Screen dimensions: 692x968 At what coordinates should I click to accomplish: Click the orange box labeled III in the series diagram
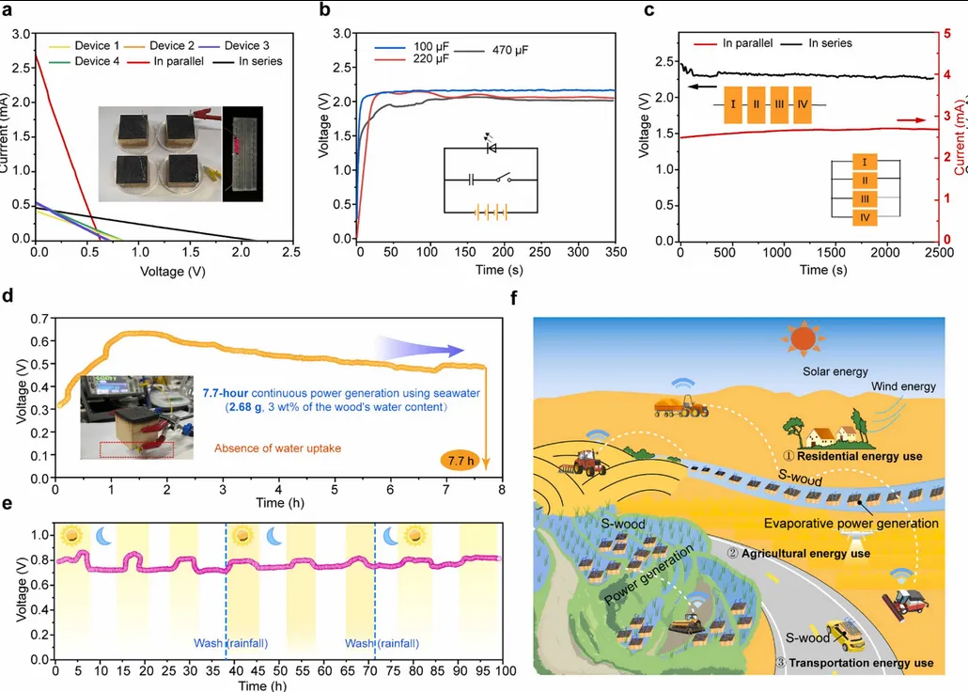778,99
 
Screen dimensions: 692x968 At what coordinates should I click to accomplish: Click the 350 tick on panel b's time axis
614,255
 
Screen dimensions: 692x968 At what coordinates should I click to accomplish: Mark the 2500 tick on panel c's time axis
935,255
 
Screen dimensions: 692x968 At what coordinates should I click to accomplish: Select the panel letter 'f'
513,299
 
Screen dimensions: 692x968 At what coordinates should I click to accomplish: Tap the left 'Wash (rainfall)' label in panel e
227,643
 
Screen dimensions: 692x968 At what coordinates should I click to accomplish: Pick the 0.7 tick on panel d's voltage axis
39,319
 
